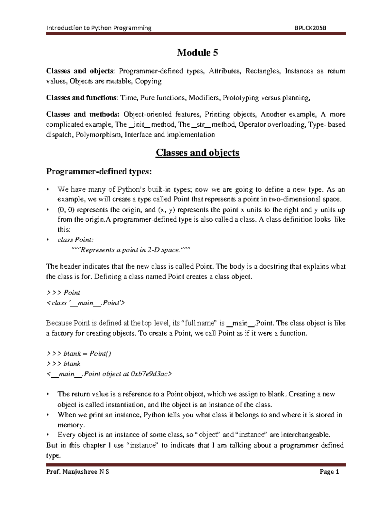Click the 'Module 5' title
[x=197, y=53]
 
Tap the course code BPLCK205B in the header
[x=310, y=28]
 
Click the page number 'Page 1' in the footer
[x=330, y=472]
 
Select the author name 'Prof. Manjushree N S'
[x=78, y=472]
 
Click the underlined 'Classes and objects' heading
[x=197, y=153]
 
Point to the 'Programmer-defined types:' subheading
[x=99, y=172]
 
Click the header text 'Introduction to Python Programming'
[x=99, y=28]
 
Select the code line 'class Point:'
[x=75, y=240]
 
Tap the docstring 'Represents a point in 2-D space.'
[x=130, y=250]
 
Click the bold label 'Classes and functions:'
[x=82, y=98]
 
